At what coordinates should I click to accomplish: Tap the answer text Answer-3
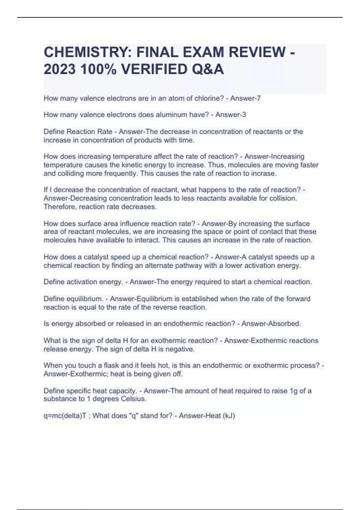(x=231, y=115)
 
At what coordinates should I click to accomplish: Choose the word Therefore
(x=60, y=207)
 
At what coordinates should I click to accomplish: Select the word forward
(x=298, y=299)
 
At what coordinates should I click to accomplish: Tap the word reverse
(x=165, y=307)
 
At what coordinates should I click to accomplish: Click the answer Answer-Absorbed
(x=271, y=324)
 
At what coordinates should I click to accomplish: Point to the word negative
(x=181, y=349)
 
